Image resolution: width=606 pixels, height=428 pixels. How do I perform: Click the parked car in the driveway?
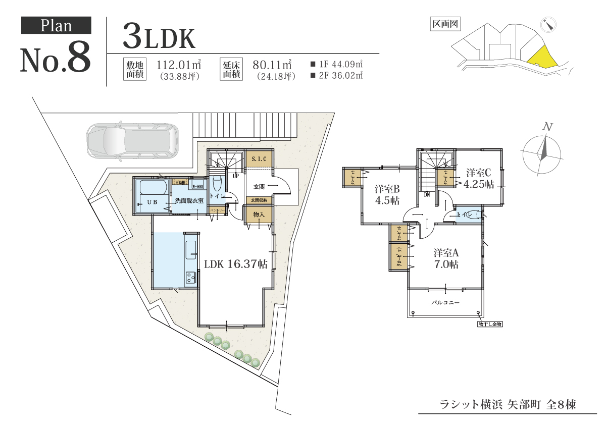[x=132, y=140]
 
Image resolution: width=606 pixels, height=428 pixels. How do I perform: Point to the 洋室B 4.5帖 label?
[x=387, y=194]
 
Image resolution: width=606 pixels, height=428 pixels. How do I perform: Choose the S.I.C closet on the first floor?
[x=259, y=159]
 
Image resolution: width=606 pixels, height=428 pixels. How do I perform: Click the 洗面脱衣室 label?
[x=189, y=201]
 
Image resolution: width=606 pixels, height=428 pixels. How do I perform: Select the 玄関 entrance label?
[x=259, y=187]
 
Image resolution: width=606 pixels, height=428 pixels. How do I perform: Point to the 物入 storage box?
[x=259, y=215]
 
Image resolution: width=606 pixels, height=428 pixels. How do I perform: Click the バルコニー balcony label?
[x=445, y=303]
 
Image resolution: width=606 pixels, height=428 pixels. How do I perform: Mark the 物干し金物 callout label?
[x=491, y=324]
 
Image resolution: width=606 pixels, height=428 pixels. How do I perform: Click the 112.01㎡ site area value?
[x=179, y=65]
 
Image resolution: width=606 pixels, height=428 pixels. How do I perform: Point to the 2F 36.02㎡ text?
[x=337, y=76]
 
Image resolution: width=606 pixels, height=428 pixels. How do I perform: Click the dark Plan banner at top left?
[x=56, y=26]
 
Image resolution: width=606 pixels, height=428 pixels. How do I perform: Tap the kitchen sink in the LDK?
[x=191, y=249]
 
